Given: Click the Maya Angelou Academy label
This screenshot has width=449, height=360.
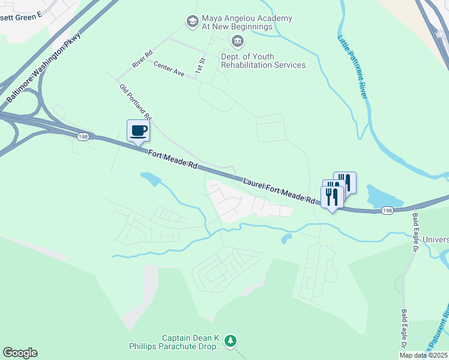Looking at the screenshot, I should pos(247,23).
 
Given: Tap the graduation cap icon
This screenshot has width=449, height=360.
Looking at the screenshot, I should pos(192,22).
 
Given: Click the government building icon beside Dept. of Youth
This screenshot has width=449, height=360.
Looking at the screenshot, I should pos(238,41).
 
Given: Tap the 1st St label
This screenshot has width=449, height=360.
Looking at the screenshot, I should pos(200,66).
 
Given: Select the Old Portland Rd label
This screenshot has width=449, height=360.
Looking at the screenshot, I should pos(136,101).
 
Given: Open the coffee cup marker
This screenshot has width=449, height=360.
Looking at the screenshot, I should pos(138,131).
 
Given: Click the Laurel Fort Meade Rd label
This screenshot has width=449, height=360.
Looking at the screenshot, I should pos(279,190).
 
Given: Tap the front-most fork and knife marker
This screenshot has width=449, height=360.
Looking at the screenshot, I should pos(332,196).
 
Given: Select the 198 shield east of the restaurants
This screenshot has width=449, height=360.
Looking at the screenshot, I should pos(387,211).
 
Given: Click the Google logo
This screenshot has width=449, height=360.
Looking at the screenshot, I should pos(20,353).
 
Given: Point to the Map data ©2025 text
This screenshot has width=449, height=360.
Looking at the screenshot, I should pos(423,355).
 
